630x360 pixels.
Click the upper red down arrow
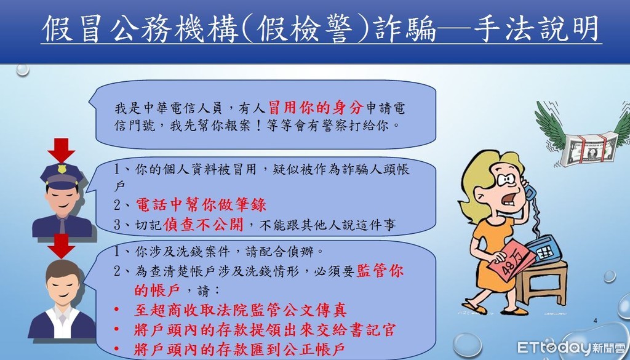click(x=61, y=150)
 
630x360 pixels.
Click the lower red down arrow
click(x=61, y=246)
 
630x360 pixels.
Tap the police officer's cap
click(x=62, y=175)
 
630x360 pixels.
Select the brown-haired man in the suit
click(x=62, y=299)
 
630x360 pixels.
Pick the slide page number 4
click(x=595, y=321)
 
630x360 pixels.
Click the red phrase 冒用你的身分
click(x=316, y=108)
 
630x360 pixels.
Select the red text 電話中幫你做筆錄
click(x=201, y=205)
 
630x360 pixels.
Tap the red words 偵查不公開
click(x=203, y=225)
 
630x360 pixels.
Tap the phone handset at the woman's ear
click(x=528, y=188)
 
